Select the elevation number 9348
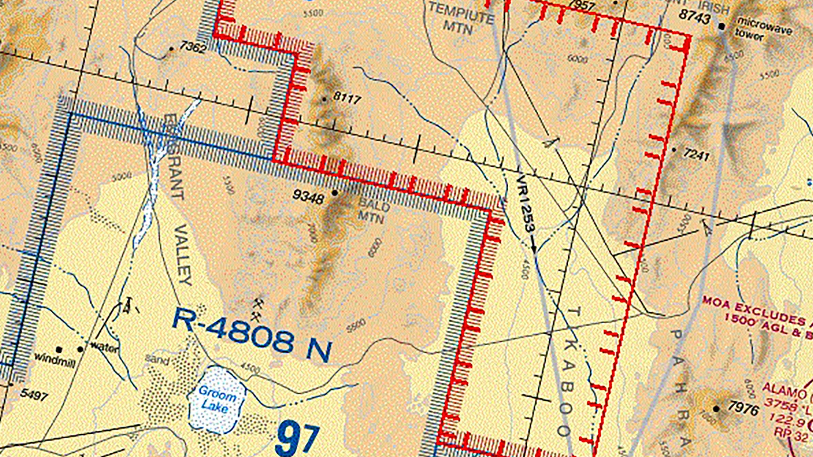309,197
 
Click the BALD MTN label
373,212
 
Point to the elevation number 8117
347,98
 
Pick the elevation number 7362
193,47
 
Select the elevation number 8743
694,17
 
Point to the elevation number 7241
696,155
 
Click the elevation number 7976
744,409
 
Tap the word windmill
55,360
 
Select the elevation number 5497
34,395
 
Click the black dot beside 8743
722,27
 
